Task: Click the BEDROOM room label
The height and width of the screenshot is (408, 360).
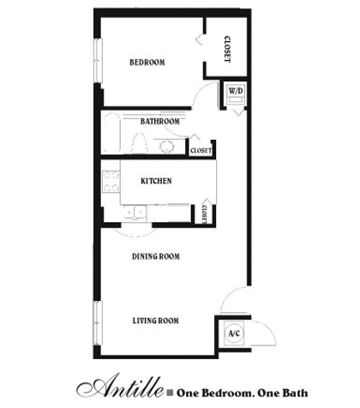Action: coord(147,62)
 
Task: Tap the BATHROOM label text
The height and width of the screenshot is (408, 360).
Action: coord(160,121)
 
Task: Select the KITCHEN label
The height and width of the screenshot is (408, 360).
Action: coord(156,181)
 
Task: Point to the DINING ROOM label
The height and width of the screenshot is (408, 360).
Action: coord(156,256)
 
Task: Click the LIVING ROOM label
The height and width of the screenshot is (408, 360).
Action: coord(156,321)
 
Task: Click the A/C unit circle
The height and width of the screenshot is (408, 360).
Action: coord(234,333)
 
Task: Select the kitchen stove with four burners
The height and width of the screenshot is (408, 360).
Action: coord(111,181)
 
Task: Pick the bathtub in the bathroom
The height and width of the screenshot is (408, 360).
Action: coord(111,132)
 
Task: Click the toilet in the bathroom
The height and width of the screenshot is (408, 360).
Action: coord(140,144)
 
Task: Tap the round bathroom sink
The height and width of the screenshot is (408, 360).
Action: coord(167,147)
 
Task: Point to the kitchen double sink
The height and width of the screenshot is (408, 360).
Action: coord(135,213)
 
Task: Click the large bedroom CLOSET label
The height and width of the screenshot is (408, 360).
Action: coord(227,49)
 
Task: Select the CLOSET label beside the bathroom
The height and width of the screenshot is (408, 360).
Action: coord(201,150)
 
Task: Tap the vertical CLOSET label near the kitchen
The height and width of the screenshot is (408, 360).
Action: coord(204,214)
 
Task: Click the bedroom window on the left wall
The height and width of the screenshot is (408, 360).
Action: coord(98,61)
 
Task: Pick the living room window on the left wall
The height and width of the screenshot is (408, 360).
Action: coord(98,323)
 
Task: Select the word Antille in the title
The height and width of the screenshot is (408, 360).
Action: coord(120,387)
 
